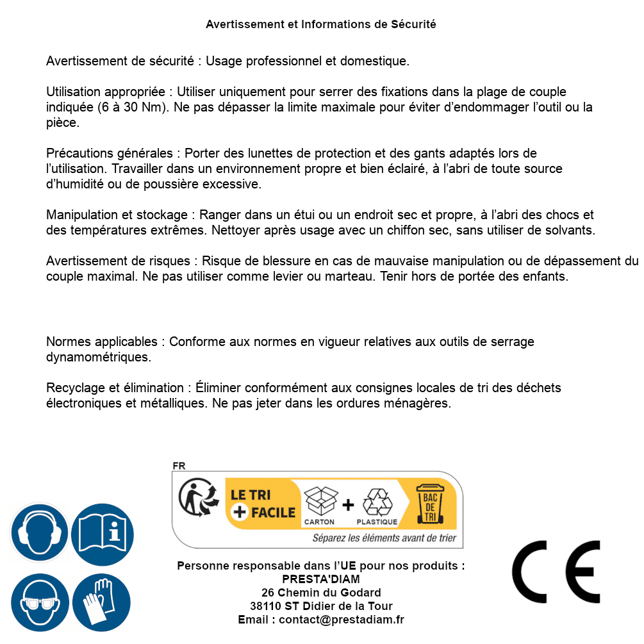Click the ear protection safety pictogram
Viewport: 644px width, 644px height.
click(x=40, y=533)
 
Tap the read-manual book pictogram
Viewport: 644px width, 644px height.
click(x=102, y=533)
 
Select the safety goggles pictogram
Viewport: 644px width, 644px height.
click(x=40, y=602)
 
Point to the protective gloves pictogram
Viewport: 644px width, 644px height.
click(x=102, y=602)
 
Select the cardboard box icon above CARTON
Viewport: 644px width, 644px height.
click(x=320, y=501)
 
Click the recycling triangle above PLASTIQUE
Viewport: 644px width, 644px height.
click(x=377, y=502)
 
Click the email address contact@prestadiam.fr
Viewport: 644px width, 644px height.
click(x=342, y=620)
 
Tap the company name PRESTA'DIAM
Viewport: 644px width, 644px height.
click(x=320, y=579)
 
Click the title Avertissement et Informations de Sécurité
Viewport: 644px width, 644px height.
click(x=320, y=24)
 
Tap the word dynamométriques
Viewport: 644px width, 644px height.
click(x=99, y=357)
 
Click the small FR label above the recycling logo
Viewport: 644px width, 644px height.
click(x=179, y=466)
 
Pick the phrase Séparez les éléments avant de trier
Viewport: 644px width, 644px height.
click(x=384, y=538)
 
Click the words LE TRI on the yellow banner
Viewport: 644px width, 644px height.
click(x=251, y=495)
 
